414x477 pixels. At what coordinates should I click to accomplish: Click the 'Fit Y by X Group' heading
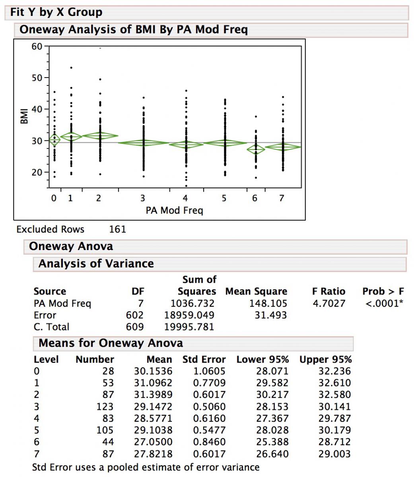point(56,12)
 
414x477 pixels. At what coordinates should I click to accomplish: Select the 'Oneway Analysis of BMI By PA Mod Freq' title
point(134,30)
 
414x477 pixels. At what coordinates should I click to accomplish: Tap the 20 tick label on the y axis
point(37,173)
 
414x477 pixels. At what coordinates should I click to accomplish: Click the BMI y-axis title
point(24,115)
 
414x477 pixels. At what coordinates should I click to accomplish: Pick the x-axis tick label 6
point(255,198)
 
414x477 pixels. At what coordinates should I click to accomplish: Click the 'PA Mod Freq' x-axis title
point(174,210)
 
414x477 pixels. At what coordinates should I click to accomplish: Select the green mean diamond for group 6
point(255,149)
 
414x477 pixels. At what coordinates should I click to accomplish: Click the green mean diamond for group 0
point(54,140)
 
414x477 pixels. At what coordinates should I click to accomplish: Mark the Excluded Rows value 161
point(117,229)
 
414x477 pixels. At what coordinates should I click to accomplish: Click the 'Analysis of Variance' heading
point(96,264)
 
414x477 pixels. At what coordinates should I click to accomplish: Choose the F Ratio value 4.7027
point(328,304)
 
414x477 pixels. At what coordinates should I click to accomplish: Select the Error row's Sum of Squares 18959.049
point(189,315)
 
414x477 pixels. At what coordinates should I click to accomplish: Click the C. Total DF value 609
point(134,327)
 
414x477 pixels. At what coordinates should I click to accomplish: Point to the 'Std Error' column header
point(204,360)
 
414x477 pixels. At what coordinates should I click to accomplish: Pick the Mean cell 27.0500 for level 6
point(153,442)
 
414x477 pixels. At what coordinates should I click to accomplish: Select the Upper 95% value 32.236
point(334,371)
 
